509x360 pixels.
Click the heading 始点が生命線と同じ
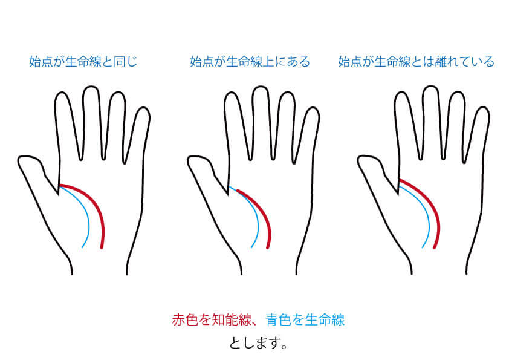(83, 61)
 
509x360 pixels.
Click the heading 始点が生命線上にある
(250, 61)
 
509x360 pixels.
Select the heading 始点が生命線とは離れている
(416, 61)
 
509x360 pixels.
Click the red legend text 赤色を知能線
(212, 319)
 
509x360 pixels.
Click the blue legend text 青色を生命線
(305, 319)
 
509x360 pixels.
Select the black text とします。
(258, 343)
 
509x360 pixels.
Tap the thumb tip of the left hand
(19, 161)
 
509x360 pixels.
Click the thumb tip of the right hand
(359, 161)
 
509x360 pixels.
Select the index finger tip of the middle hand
(232, 93)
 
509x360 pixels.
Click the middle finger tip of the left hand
(91, 87)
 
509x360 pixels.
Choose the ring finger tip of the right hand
(457, 93)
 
